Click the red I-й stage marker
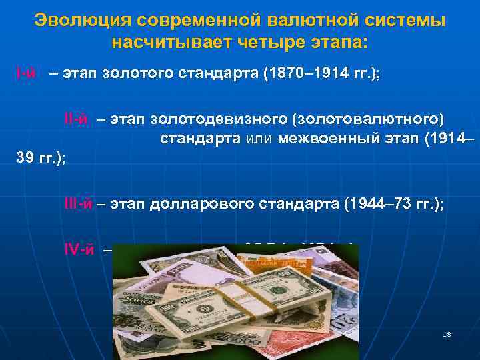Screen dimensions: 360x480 click(27, 73)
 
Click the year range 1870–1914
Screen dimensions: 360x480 click(305, 73)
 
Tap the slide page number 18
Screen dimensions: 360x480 click(446, 334)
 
